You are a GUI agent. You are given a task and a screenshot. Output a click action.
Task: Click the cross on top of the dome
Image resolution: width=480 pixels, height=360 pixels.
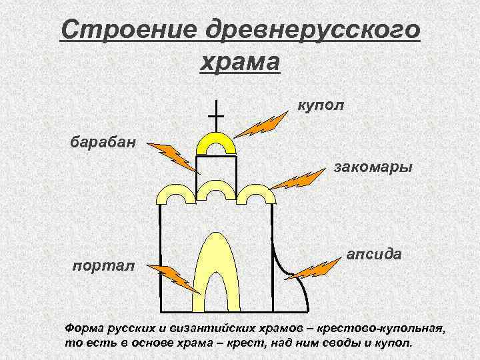tap(216, 117)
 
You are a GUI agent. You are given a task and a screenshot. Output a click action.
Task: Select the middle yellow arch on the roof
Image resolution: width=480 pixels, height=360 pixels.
tap(216, 189)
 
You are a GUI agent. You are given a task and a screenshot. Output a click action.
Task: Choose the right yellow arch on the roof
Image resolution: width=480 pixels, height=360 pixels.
tap(257, 194)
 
